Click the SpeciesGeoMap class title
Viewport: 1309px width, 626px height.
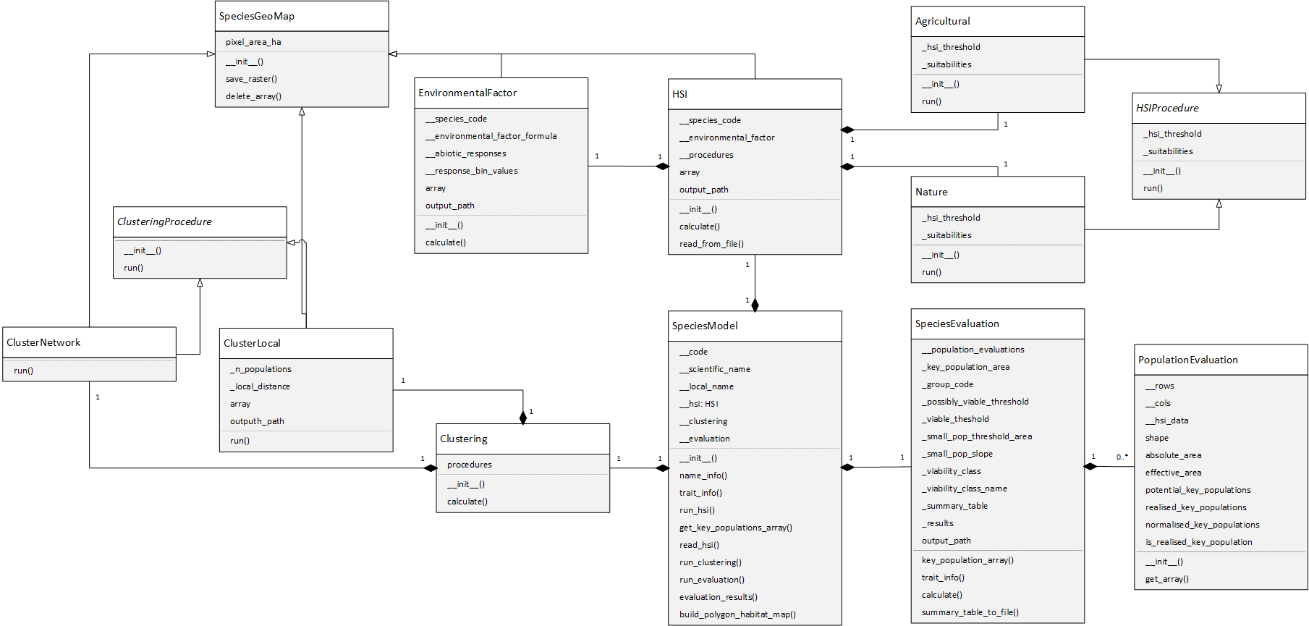click(x=257, y=16)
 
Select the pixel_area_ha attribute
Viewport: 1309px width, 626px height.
click(x=253, y=42)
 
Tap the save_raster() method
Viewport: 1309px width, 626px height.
click(x=251, y=79)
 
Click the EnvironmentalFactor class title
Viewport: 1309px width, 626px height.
click(x=467, y=93)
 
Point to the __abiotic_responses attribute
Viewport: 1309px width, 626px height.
click(x=466, y=153)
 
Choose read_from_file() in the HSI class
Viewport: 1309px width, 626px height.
click(x=711, y=244)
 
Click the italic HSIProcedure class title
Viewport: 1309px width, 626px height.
click(x=1167, y=108)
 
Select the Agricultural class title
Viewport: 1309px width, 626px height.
click(x=943, y=21)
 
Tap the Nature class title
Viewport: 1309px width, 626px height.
click(x=931, y=192)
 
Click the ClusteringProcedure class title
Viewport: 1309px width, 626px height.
click(x=165, y=221)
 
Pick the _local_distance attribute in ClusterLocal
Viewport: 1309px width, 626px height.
click(x=260, y=386)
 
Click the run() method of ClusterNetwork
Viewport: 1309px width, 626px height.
click(x=23, y=371)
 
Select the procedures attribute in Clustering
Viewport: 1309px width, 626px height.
click(x=469, y=465)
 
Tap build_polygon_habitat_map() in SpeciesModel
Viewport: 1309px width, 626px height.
click(x=737, y=614)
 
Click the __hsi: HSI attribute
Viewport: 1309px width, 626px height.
click(x=699, y=404)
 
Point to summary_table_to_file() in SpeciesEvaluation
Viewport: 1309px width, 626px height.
click(x=970, y=612)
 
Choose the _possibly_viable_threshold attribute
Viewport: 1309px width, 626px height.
click(x=975, y=402)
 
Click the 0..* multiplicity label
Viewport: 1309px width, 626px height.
click(x=1122, y=457)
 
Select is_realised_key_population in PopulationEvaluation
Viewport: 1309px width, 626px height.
click(x=1198, y=542)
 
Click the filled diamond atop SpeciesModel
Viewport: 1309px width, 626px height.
click(x=755, y=305)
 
